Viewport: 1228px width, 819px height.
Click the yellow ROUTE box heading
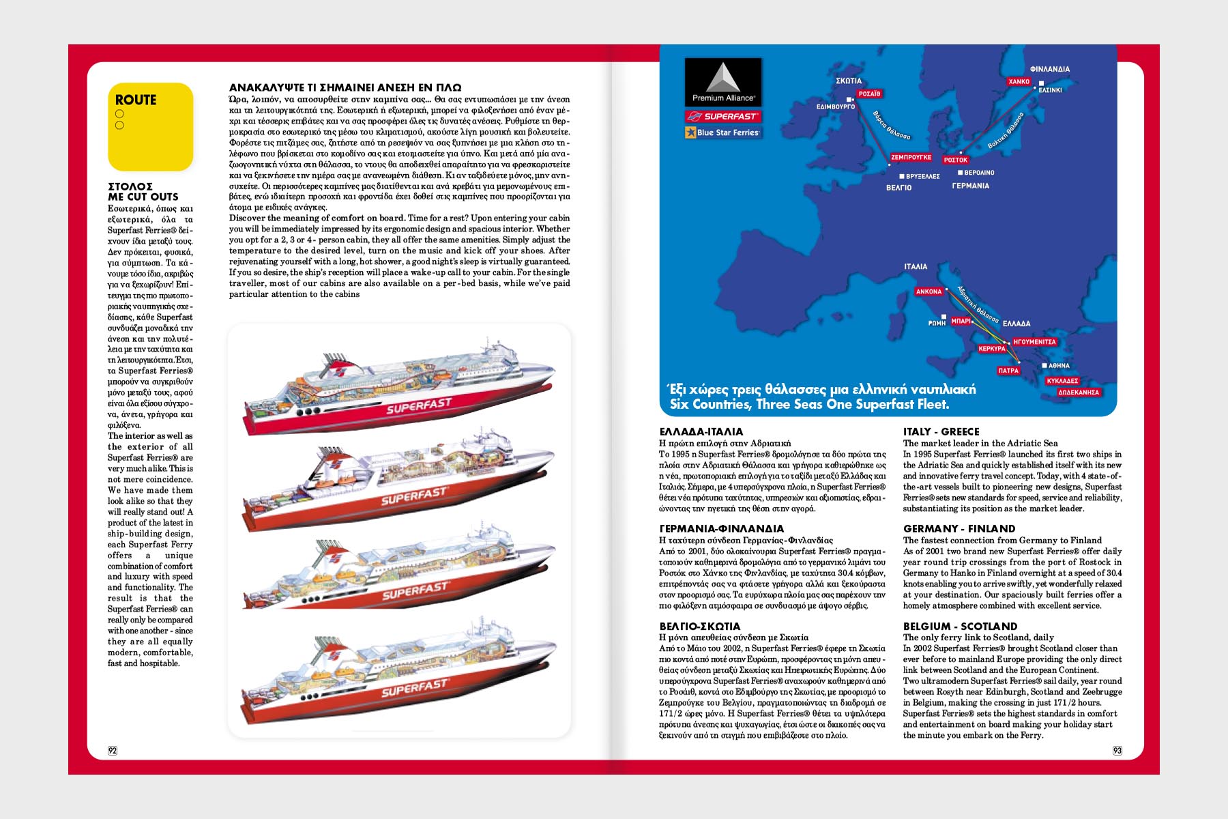pos(136,100)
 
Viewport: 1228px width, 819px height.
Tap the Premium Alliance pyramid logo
pos(723,80)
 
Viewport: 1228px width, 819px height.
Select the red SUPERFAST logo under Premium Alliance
pos(723,117)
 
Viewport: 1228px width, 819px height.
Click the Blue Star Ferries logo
pos(723,132)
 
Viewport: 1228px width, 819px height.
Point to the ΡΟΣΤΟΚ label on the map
pos(956,160)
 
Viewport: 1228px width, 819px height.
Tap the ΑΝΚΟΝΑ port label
pos(929,291)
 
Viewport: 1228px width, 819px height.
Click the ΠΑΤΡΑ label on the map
pos(1008,371)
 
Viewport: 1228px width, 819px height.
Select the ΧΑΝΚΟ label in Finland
pos(1019,81)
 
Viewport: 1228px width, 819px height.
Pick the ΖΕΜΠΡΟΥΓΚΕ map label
pos(911,157)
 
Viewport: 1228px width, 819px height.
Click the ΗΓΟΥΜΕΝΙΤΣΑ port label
pos(1034,342)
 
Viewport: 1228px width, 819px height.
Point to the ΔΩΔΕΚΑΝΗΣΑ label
pos(1079,392)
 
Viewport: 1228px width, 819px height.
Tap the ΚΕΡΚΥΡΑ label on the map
pos(992,349)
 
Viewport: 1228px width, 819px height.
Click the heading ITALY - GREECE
pos(941,431)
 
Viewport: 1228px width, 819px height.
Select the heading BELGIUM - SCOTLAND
pos(960,626)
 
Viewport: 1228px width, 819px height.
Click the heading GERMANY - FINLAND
pos(959,528)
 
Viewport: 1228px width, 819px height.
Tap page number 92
pos(113,751)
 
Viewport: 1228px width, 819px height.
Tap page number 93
pos(1117,751)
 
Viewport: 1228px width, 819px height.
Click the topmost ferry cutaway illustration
pos(399,386)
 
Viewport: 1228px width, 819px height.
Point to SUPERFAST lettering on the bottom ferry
pos(414,689)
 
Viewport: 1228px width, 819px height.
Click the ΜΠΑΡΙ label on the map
pos(961,321)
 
